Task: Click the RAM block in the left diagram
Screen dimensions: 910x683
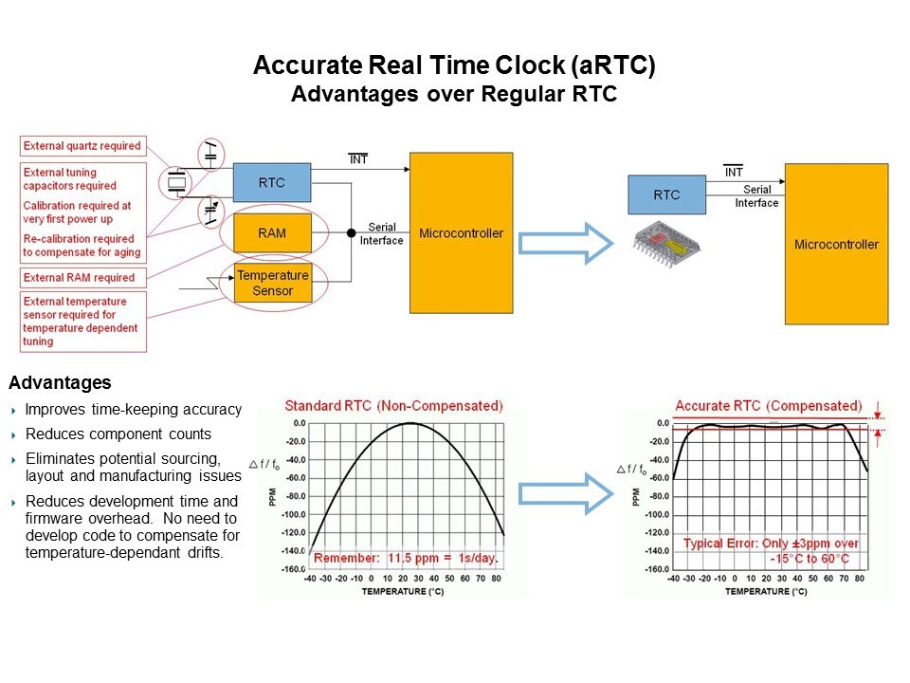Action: [272, 233]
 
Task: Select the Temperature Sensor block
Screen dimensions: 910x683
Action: [273, 283]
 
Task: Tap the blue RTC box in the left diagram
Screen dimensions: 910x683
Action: [272, 182]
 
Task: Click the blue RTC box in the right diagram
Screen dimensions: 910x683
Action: [666, 194]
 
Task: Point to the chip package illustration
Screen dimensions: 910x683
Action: [666, 244]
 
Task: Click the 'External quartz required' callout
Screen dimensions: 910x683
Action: [82, 146]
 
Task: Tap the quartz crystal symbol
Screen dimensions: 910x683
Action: [177, 182]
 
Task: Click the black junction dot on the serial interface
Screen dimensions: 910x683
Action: [351, 233]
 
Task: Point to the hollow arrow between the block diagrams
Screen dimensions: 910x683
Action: [566, 244]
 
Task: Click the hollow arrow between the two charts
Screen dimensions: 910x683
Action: [566, 493]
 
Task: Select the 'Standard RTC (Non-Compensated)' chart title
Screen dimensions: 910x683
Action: [394, 405]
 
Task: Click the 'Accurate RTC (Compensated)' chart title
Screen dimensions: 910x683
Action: [769, 405]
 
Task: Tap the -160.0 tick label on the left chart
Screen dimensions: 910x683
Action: [294, 568]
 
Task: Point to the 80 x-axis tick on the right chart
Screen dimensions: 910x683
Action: [860, 579]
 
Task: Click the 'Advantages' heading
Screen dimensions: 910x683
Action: [60, 382]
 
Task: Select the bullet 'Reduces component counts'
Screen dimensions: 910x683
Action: [118, 434]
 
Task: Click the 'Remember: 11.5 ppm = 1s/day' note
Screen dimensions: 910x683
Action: [406, 558]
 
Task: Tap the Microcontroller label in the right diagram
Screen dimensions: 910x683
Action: [836, 245]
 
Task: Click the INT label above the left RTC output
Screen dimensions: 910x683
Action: [358, 158]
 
